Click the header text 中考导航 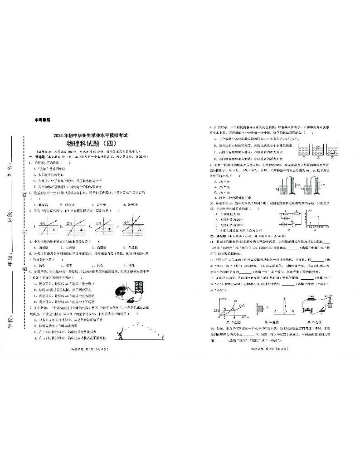pyautogui.click(x=43, y=121)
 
